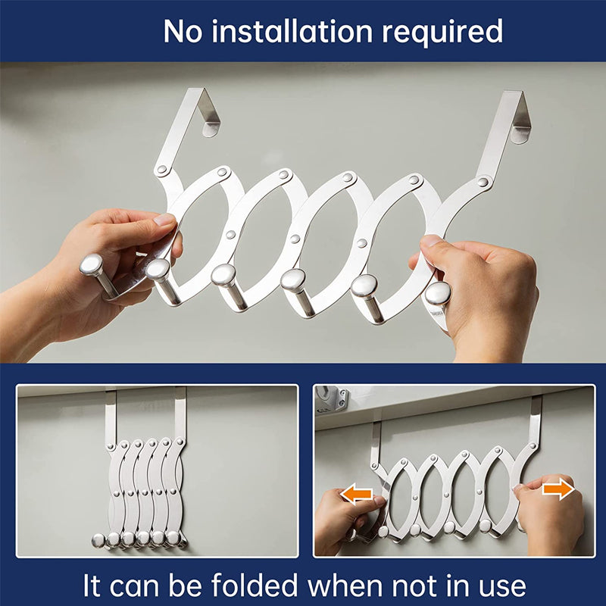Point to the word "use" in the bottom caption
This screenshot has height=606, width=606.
point(496,586)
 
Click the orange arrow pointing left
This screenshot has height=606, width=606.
point(356,495)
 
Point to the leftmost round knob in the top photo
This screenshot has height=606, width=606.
point(92,265)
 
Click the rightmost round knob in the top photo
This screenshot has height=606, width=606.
point(437,294)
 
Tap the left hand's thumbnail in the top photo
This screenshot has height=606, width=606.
point(164,220)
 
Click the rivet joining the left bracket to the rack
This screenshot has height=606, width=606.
point(161,170)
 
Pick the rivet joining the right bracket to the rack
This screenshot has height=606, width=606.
point(483,182)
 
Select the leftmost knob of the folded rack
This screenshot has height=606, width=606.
point(98,540)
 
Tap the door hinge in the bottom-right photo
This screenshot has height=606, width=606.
point(331,398)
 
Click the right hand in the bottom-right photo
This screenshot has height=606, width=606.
point(549,515)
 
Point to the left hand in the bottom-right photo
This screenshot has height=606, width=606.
point(341,519)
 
